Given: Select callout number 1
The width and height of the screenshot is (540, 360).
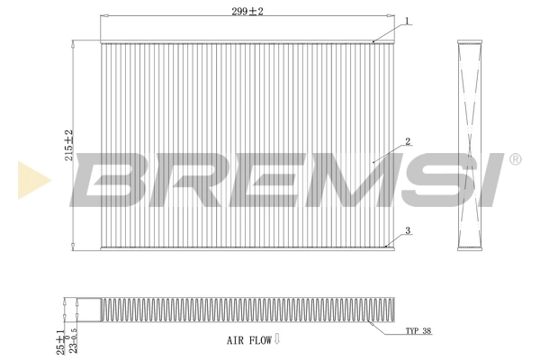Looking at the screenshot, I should tap(408, 20).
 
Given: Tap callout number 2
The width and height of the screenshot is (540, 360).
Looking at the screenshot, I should tap(408, 141).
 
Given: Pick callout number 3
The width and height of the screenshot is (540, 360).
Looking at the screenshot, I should tap(408, 231).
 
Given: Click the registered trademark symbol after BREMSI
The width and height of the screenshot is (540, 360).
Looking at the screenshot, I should tap(515, 160).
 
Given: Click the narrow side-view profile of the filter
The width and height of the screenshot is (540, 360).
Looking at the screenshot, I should tap(471, 144).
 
